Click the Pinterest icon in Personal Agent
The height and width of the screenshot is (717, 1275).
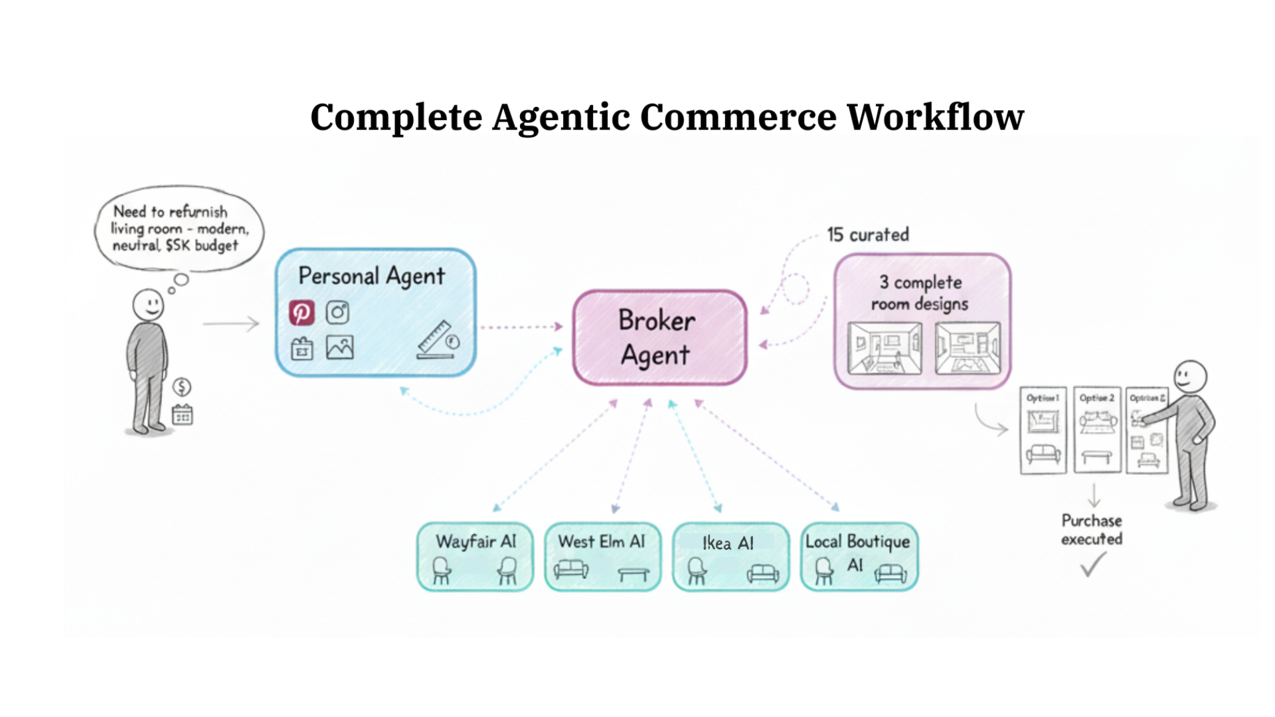click(301, 312)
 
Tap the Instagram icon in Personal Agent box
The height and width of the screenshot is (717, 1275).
click(337, 312)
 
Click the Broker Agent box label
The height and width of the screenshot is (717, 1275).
click(657, 337)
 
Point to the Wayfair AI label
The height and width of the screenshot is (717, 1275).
click(475, 542)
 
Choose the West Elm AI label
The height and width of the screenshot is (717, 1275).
click(602, 542)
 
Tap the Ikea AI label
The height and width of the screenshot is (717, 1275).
click(728, 543)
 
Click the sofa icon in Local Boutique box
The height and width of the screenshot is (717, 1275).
click(890, 573)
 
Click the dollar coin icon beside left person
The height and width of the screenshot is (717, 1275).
click(182, 386)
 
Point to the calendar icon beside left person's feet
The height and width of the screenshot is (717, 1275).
click(183, 415)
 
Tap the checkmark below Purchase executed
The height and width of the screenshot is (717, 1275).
click(1092, 565)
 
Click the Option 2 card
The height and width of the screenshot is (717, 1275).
click(1097, 430)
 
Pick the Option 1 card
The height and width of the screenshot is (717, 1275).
click(1043, 430)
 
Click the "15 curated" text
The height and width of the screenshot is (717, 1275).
click(867, 234)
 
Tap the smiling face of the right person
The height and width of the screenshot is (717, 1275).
click(1189, 377)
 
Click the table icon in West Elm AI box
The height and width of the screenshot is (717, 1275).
click(633, 573)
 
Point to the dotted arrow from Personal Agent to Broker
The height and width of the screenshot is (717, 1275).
click(521, 327)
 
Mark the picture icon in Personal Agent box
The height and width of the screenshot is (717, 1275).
click(339, 347)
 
